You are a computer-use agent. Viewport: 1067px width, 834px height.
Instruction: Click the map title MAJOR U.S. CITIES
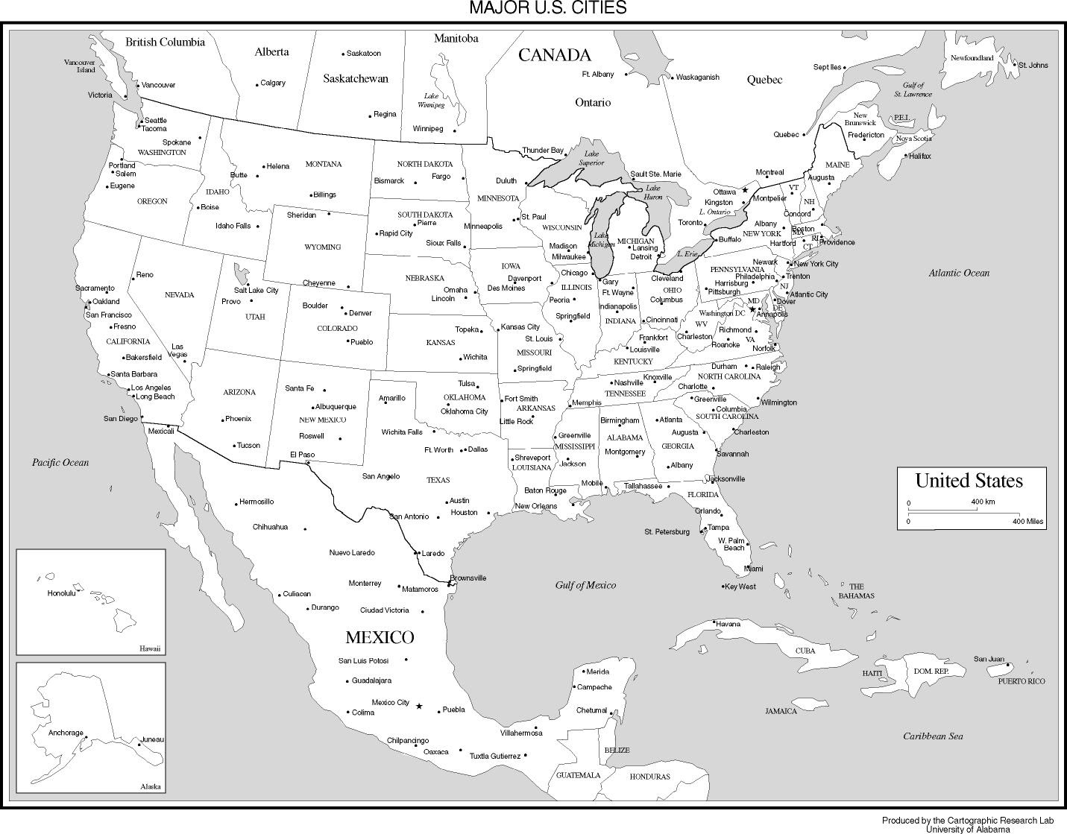tap(547, 8)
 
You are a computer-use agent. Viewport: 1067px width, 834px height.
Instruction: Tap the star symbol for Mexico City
tap(419, 706)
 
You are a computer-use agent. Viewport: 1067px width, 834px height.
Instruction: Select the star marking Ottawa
tap(744, 191)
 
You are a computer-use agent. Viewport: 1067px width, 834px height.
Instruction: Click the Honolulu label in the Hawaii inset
tap(62, 593)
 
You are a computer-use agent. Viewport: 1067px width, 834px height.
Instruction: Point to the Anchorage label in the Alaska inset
tap(66, 733)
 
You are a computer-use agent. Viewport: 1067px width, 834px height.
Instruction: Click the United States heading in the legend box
tap(969, 481)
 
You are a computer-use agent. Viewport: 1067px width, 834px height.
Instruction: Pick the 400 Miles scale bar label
tap(1027, 522)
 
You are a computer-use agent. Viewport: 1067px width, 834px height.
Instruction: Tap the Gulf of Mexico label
tap(585, 585)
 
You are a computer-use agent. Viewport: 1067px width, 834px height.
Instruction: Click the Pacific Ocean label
tap(60, 462)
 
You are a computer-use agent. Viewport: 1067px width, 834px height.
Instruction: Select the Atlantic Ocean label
tap(959, 273)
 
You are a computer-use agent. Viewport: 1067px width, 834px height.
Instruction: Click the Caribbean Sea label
tap(933, 736)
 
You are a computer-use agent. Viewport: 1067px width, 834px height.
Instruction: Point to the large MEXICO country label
tap(380, 637)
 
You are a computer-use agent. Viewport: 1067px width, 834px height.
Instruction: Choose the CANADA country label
tap(554, 54)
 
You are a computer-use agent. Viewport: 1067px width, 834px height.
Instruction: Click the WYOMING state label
tap(323, 247)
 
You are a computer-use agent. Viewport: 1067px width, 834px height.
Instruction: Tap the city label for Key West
tap(740, 587)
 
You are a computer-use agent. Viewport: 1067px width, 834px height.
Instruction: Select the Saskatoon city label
tap(364, 54)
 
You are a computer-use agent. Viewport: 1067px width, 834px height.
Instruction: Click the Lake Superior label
tap(591, 158)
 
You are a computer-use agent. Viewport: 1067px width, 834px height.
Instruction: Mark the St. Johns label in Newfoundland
tap(1033, 65)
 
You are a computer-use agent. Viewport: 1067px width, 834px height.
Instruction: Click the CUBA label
tap(805, 651)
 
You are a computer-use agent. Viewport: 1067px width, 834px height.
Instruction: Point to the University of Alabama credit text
tap(968, 829)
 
